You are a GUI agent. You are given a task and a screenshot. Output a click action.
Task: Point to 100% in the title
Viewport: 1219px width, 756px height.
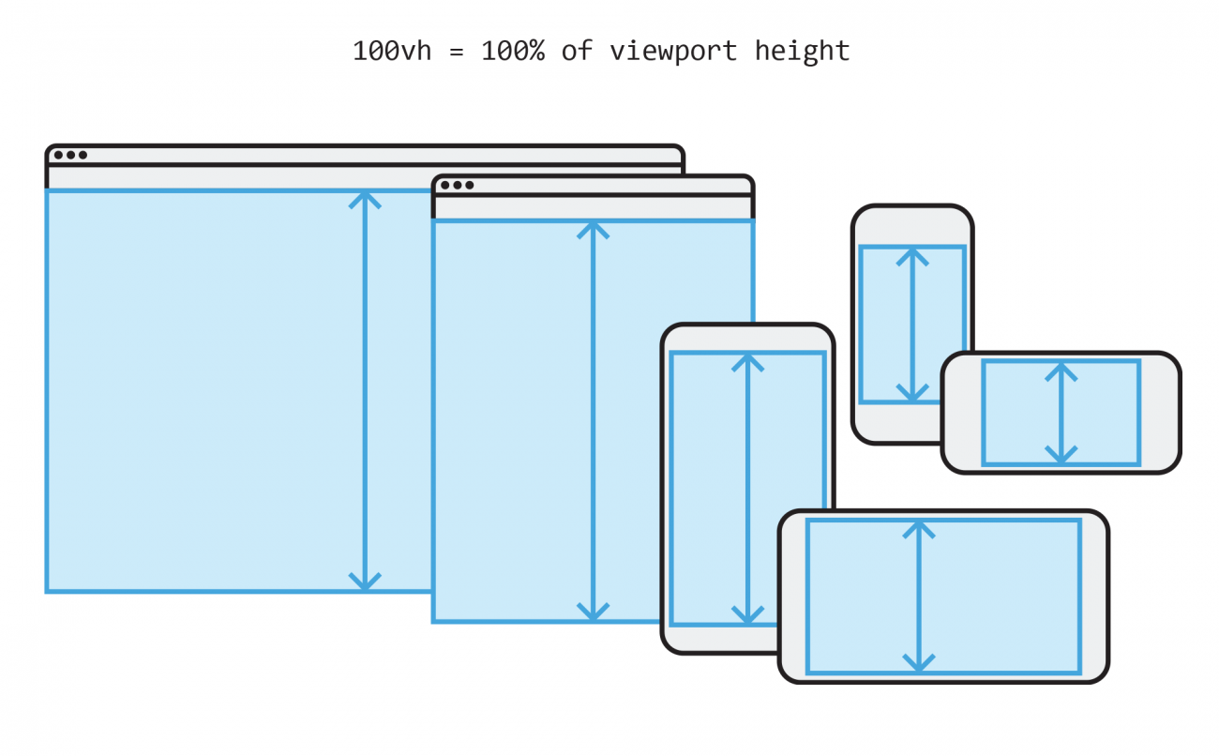514,50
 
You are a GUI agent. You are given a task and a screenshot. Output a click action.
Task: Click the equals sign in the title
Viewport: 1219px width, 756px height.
457,51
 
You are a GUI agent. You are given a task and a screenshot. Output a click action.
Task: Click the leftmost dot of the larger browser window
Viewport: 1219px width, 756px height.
59,156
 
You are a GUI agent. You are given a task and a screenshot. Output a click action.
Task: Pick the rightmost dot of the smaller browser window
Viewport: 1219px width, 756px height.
469,186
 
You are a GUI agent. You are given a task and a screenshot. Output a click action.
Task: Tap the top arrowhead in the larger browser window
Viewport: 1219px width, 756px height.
365,199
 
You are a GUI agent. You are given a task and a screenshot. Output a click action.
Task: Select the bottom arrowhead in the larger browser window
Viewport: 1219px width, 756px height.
365,582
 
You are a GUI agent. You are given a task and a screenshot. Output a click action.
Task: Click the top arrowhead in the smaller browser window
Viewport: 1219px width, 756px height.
593,230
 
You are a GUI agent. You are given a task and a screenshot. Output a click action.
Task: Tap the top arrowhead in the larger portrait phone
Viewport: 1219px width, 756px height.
747,362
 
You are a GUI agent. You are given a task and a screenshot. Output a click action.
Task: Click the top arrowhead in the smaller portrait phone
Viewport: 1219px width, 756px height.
911,255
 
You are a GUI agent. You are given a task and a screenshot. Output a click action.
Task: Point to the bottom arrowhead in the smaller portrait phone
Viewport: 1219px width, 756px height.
911,393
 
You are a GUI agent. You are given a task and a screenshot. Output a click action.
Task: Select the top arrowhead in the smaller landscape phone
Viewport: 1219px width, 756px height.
1061,370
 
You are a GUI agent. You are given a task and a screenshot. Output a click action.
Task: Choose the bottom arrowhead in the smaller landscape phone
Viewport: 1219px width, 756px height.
1061,455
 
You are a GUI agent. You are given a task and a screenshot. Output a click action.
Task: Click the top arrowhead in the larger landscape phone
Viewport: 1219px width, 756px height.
919,529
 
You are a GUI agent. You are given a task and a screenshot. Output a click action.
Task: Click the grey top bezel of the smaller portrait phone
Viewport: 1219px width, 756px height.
911,226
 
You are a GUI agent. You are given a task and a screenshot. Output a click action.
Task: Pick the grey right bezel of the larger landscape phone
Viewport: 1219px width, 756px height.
1094,597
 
